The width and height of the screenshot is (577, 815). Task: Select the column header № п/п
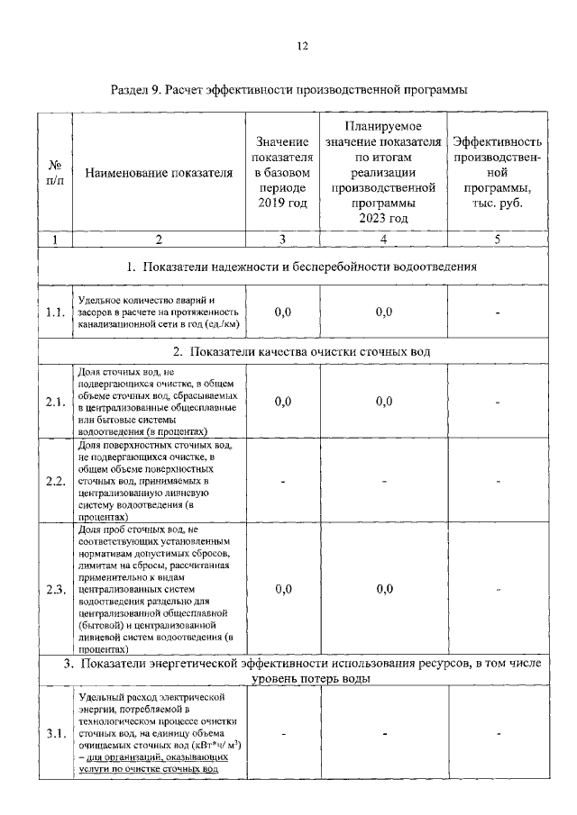pyautogui.click(x=54, y=173)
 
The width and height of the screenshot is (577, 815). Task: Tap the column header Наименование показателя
pyautogui.click(x=159, y=173)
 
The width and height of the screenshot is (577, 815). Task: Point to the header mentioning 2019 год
pyautogui.click(x=282, y=173)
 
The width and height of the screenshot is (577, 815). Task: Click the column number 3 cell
pyautogui.click(x=282, y=240)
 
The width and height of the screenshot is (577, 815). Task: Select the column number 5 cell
pyautogui.click(x=497, y=240)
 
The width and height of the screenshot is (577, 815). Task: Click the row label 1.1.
pyautogui.click(x=55, y=312)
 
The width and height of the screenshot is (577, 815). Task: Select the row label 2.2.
pyautogui.click(x=55, y=481)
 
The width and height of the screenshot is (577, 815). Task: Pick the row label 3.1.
pyautogui.click(x=55, y=733)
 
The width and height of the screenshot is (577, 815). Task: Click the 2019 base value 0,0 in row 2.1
pyautogui.click(x=282, y=401)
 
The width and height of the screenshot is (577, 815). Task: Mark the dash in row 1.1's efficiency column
pyautogui.click(x=498, y=312)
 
